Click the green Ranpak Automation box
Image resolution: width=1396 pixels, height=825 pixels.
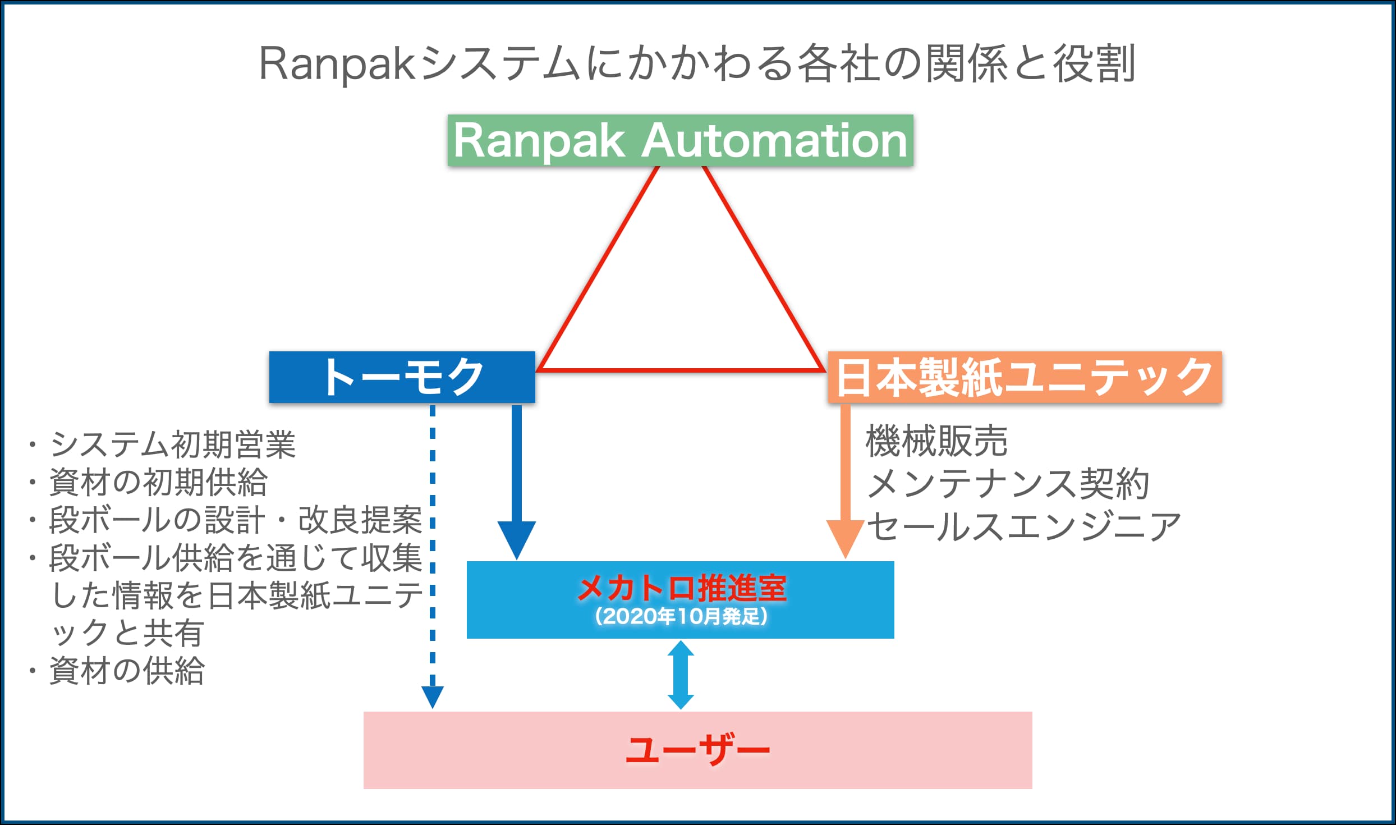coord(680,140)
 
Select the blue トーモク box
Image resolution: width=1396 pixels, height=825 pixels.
coord(402,377)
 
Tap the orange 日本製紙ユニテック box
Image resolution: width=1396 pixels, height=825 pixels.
coord(1025,377)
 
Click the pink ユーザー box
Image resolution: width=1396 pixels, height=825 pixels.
coord(697,750)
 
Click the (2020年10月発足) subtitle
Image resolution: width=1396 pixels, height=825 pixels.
coord(681,617)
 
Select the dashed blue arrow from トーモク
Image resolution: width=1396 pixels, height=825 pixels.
coord(433,557)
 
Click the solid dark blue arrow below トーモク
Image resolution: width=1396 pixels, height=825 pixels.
coord(517,482)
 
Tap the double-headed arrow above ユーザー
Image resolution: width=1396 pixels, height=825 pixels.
coord(681,675)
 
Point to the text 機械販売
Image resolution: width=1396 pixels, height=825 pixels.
coord(936,441)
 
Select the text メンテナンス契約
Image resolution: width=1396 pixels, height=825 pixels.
coord(1008,483)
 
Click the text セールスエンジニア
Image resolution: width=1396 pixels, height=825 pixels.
coord(1024,526)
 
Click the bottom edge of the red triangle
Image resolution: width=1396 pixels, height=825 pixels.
coord(681,370)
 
